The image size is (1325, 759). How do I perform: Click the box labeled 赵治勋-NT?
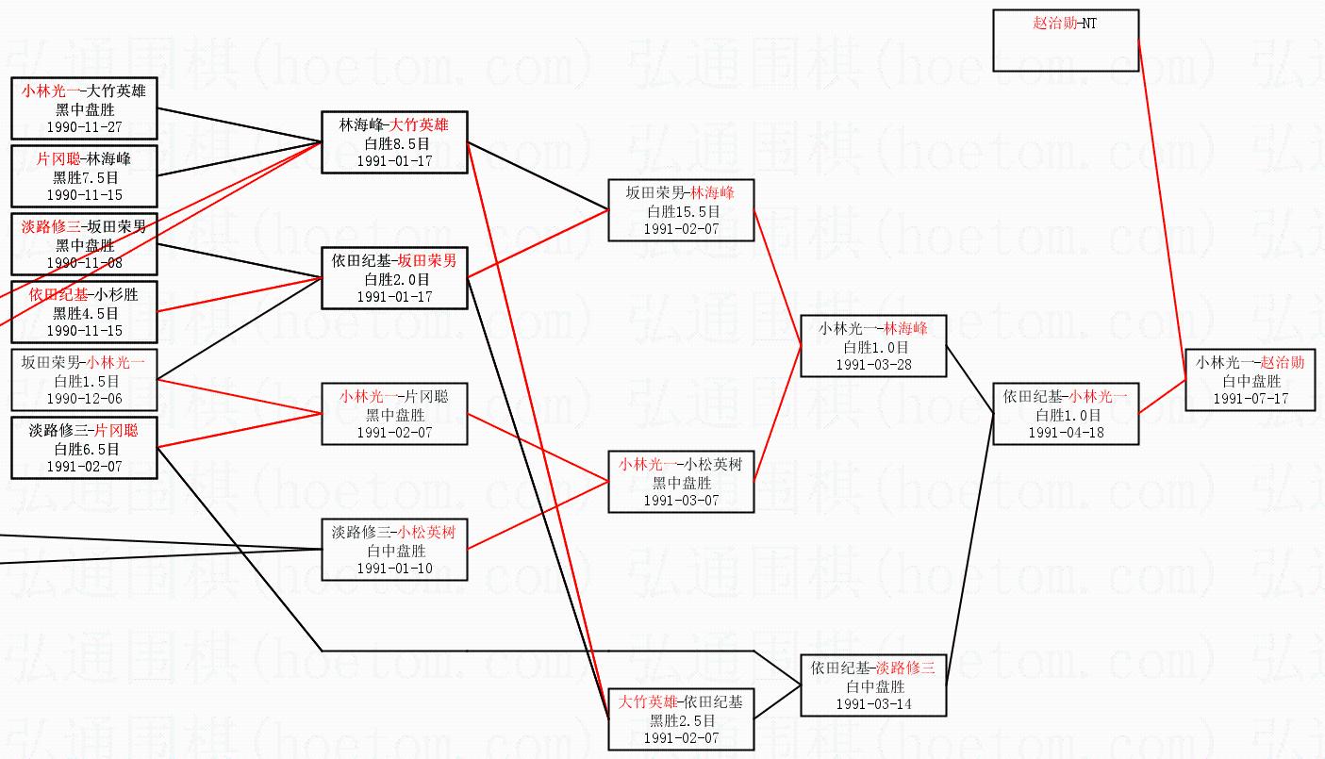click(x=1066, y=41)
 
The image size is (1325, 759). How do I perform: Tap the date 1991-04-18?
click(x=1066, y=433)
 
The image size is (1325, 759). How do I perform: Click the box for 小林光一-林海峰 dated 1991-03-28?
click(x=872, y=346)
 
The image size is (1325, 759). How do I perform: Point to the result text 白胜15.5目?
click(x=680, y=211)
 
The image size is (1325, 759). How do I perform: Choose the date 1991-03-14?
click(x=872, y=704)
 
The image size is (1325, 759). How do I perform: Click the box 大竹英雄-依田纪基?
click(x=680, y=719)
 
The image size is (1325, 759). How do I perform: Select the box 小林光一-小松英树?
click(x=680, y=482)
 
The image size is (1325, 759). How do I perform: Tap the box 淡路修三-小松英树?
click(x=393, y=550)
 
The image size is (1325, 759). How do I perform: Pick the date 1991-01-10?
click(x=393, y=569)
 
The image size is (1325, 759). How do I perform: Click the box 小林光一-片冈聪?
click(x=393, y=414)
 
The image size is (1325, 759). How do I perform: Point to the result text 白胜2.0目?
click(x=393, y=279)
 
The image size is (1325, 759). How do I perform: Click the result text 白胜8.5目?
click(x=393, y=143)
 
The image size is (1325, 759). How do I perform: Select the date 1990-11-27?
click(x=84, y=126)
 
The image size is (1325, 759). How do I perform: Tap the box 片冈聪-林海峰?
click(x=84, y=175)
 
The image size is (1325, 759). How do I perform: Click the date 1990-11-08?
click(x=84, y=263)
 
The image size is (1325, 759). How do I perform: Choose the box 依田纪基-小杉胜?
click(x=84, y=311)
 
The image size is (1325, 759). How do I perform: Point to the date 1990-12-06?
click(x=84, y=399)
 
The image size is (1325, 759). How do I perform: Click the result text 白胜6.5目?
click(x=84, y=449)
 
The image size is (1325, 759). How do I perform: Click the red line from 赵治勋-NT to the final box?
click(x=1162, y=207)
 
